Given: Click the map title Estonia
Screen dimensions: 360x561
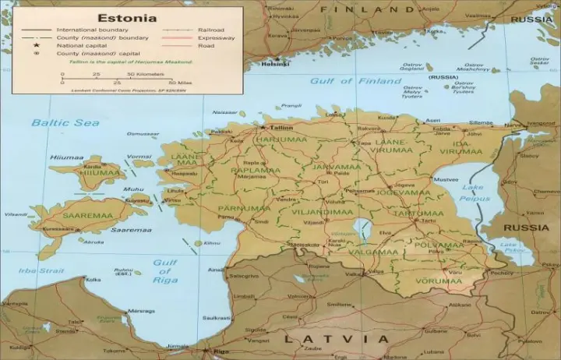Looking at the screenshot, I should pyautogui.click(x=127, y=16).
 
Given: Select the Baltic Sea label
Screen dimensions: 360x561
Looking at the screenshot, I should pyautogui.click(x=55, y=122).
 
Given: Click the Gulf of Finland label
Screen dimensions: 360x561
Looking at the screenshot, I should pyautogui.click(x=342, y=80).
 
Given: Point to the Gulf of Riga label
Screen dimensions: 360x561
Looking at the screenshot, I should pyautogui.click(x=164, y=271).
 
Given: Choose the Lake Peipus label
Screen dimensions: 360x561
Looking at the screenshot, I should pyautogui.click(x=472, y=192).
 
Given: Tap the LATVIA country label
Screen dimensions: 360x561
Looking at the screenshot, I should pyautogui.click(x=336, y=339).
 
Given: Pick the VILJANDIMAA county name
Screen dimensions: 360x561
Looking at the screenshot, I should pyautogui.click(x=323, y=211).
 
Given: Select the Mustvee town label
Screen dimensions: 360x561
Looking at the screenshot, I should pyautogui.click(x=445, y=179).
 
